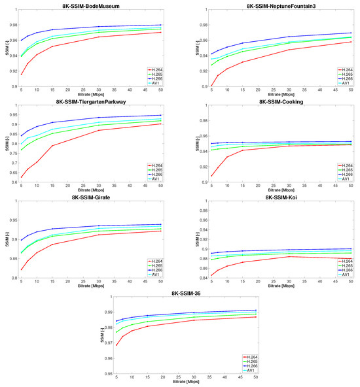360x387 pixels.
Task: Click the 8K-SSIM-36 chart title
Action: (x=180, y=295)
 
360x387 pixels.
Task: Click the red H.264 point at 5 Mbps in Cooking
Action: (x=211, y=176)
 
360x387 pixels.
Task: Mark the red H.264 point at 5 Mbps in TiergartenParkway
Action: (x=21, y=177)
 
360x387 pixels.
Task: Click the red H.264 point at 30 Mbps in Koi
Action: (x=290, y=256)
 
